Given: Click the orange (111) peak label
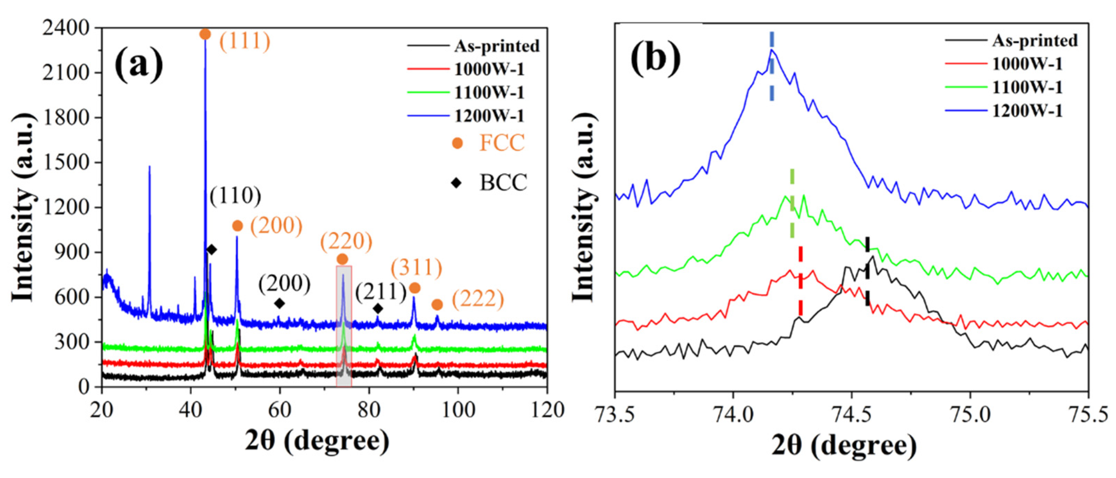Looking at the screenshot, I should pos(245,42).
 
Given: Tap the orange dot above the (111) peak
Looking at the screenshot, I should pos(205,34).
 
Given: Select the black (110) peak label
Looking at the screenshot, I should pos(235,196).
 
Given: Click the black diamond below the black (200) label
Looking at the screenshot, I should pos(280,303).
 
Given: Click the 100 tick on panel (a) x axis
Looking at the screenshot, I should pos(458,409).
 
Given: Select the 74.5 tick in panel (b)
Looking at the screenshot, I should pos(851,416).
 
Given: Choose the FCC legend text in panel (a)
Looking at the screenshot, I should pos(502,143).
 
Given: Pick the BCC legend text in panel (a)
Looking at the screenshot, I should pos(503,182).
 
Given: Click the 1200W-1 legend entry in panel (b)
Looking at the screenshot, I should pos(1027,111).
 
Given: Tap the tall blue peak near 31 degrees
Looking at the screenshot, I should pos(150,167).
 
